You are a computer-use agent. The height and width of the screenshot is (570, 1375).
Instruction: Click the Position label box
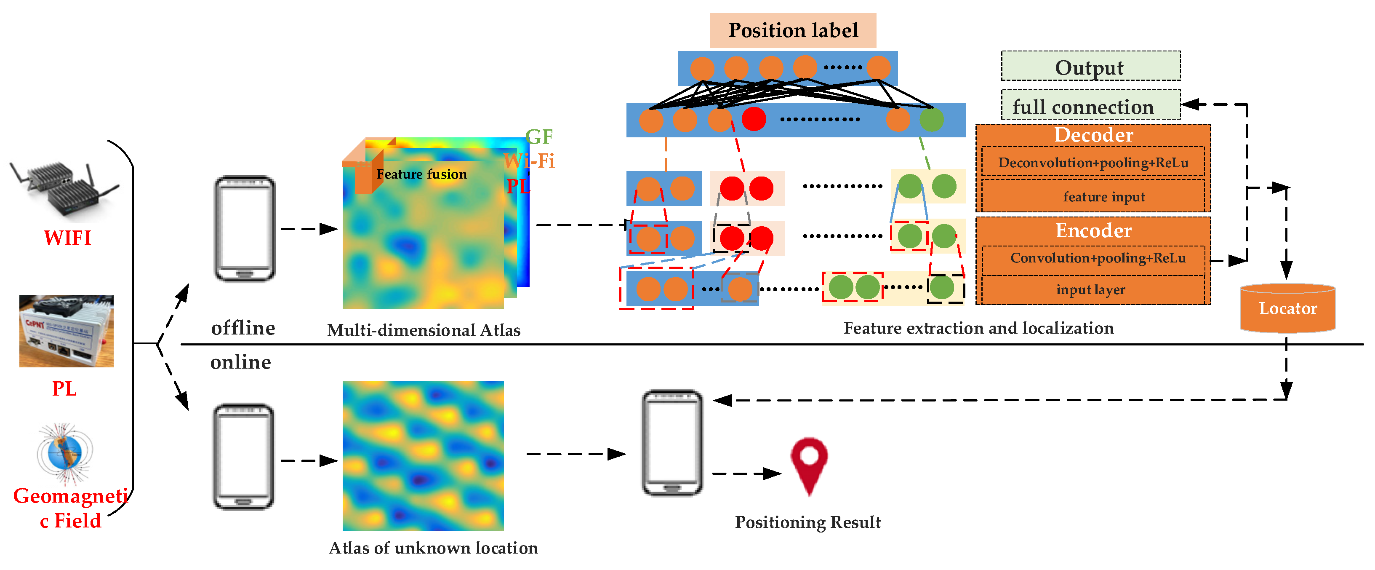coord(793,30)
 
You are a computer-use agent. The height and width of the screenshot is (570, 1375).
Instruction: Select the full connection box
coord(1090,106)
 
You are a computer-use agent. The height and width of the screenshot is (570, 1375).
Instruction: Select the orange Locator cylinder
coord(1287,309)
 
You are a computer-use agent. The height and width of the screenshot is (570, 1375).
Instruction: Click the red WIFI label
coord(67,238)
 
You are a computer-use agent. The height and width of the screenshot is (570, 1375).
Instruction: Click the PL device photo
coord(66,331)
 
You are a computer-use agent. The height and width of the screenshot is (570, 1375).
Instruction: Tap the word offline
coord(243,327)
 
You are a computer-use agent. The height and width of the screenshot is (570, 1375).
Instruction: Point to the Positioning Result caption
coord(807,522)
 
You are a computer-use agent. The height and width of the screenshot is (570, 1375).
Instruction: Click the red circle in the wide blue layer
coord(753,119)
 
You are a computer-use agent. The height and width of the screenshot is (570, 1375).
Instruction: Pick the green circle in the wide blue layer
coord(931,120)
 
